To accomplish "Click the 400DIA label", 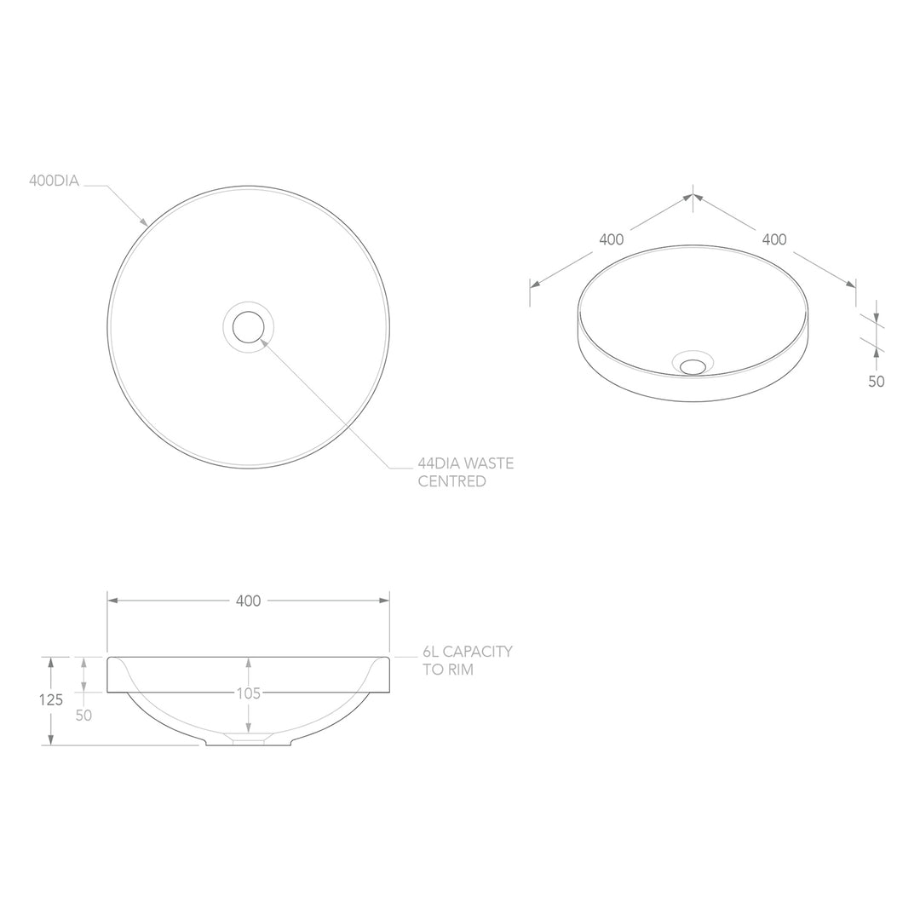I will (x=55, y=181).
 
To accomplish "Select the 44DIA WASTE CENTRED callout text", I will (x=464, y=473).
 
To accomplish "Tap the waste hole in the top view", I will (x=249, y=327).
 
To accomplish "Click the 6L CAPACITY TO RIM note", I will (x=467, y=660).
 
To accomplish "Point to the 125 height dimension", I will (x=51, y=700).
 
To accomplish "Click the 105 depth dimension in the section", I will (x=248, y=693).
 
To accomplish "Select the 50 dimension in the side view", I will (x=83, y=716).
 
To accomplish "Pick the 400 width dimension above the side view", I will (x=248, y=601).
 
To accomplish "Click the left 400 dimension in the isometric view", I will (x=611, y=239).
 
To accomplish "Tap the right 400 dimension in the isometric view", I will (x=773, y=239).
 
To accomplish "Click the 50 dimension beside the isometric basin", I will (x=876, y=381).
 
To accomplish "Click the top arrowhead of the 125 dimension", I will (x=51, y=662).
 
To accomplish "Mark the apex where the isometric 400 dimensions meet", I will (x=693, y=196).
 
